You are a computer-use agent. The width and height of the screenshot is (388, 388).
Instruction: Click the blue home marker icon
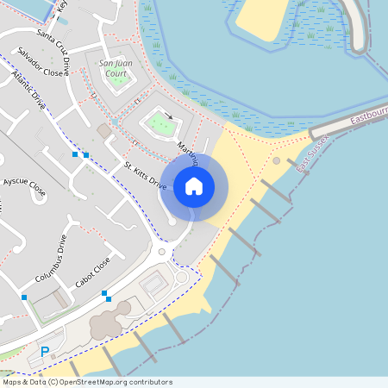click(x=194, y=186)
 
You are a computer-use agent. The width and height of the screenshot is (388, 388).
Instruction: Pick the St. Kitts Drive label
click(x=145, y=175)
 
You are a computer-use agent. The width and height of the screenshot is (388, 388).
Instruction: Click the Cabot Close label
click(x=92, y=272)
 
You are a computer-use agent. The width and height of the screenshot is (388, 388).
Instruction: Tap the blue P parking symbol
click(x=45, y=352)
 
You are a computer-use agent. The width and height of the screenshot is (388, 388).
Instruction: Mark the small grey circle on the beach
click(x=276, y=160)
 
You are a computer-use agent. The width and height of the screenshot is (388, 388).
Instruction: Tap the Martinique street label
click(x=189, y=153)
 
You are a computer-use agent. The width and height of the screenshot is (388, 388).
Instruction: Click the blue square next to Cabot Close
click(x=105, y=295)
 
